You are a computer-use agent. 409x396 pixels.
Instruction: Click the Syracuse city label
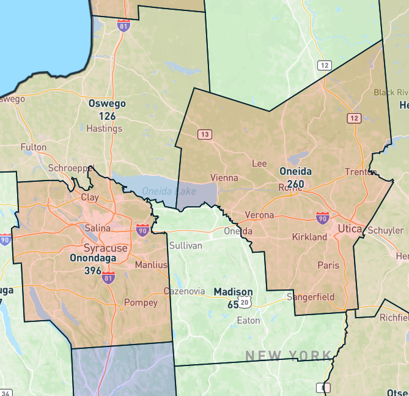106,248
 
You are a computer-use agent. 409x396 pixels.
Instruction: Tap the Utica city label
350,228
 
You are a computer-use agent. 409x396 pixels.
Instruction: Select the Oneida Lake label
169,192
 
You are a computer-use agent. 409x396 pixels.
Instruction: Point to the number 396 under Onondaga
93,271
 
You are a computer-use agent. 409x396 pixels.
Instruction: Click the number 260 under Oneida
295,184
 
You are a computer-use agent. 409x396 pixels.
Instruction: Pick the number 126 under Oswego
107,116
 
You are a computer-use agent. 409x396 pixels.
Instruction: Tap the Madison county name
233,292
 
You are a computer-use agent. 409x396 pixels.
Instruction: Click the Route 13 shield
205,135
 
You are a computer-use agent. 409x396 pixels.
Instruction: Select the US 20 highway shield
245,303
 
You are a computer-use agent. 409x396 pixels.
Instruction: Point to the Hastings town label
105,129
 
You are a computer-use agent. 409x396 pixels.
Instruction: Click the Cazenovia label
185,291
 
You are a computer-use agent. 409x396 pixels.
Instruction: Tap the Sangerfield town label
311,297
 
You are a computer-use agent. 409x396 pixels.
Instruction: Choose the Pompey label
141,302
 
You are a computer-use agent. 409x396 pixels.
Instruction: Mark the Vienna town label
224,178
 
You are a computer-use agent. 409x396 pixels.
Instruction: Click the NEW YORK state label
288,356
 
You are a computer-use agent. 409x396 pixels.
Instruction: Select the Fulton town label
33,147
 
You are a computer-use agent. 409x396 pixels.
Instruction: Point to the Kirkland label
309,237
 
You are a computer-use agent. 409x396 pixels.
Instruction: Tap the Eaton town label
248,320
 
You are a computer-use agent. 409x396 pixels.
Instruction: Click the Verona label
259,215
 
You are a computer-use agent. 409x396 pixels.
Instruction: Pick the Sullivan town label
185,245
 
